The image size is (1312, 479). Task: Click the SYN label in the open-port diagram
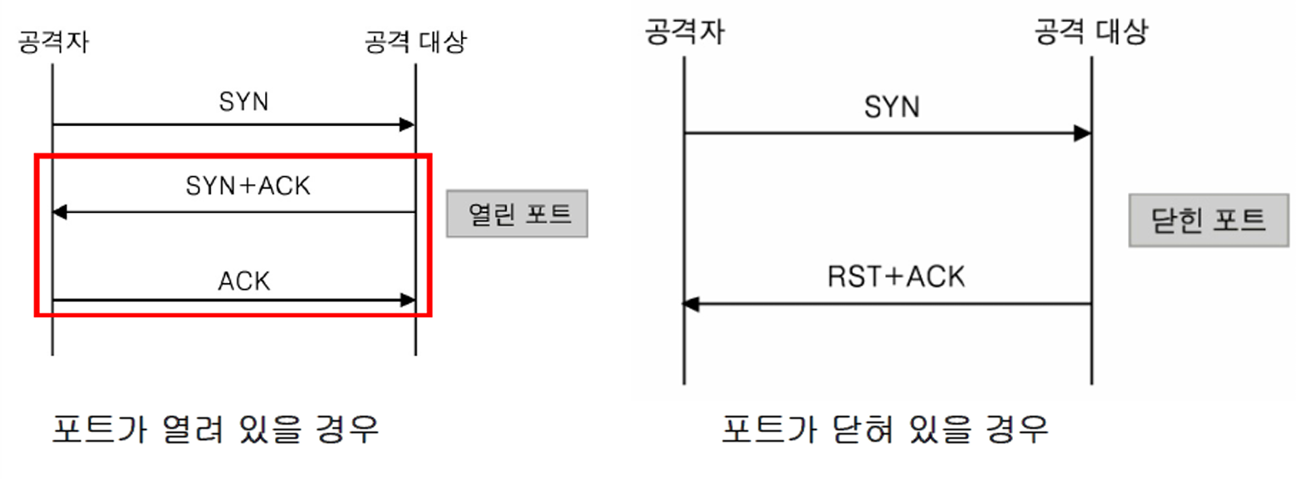[244, 102]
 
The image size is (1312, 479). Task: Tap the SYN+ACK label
[248, 186]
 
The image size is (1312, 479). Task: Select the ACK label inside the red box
[244, 280]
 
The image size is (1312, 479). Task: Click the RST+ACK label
[895, 276]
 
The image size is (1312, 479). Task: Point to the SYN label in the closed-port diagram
[892, 107]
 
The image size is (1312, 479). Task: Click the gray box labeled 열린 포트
[517, 213]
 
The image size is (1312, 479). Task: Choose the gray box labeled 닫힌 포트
[1209, 221]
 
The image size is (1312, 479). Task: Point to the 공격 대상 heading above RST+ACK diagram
[1090, 32]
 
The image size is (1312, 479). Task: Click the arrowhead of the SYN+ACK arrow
[59, 212]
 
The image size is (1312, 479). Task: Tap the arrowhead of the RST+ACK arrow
[691, 303]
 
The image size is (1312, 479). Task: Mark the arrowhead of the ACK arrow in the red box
[408, 300]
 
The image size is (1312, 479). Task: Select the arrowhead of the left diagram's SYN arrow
[408, 124]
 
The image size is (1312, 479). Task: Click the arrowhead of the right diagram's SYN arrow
[1083, 133]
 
